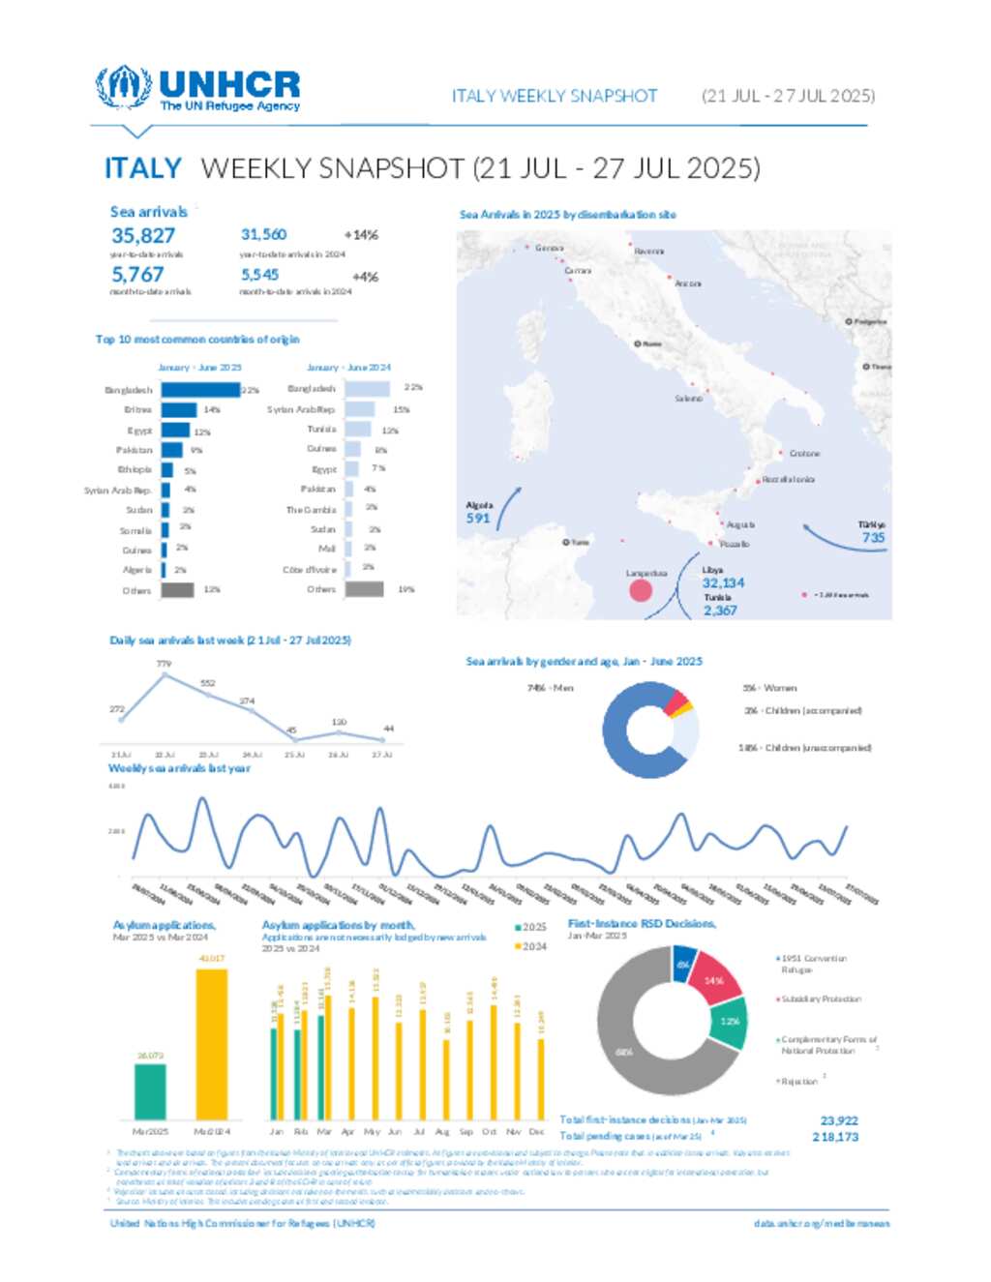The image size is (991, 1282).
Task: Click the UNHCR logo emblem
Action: click(123, 87)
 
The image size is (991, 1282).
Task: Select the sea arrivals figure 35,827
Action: click(143, 235)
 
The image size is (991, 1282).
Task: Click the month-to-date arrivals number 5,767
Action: click(137, 275)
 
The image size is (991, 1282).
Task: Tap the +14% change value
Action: click(361, 235)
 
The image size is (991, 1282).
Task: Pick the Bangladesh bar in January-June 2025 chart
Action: click(200, 390)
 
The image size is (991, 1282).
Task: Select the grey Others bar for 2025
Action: click(177, 589)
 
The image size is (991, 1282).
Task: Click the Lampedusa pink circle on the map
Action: click(641, 589)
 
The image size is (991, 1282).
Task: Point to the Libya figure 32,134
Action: click(723, 582)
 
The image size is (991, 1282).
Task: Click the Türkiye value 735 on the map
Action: click(873, 537)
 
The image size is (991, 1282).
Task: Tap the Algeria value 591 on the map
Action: click(478, 518)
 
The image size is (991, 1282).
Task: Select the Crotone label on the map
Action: click(804, 453)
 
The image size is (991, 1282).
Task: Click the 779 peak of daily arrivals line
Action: click(164, 675)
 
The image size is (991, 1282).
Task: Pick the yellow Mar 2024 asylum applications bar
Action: click(212, 1044)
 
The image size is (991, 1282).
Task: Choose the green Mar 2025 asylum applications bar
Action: click(150, 1091)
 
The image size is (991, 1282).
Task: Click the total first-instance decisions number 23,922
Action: click(839, 1120)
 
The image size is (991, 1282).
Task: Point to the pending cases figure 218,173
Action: click(835, 1137)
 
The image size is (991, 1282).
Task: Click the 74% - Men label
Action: click(550, 688)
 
